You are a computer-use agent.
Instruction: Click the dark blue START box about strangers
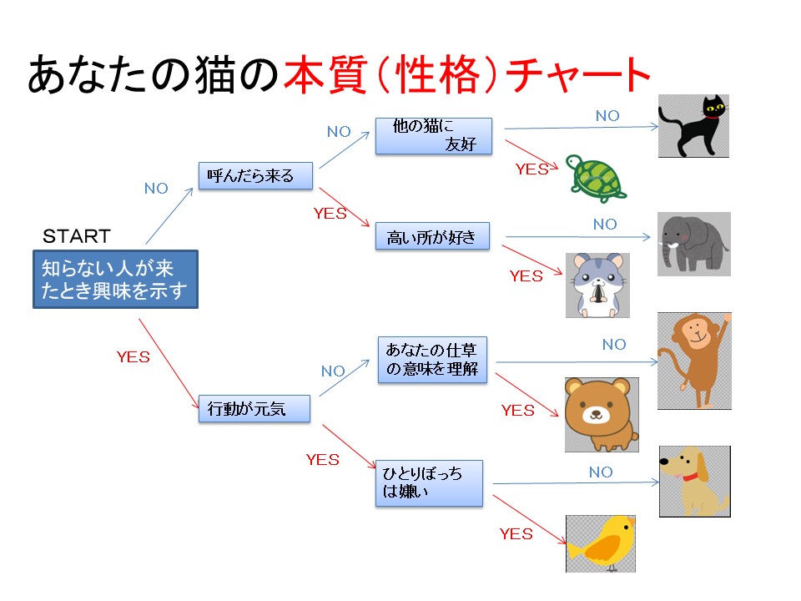[115, 279]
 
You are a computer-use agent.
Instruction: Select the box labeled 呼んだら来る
[256, 176]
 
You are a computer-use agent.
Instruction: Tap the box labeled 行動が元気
[253, 409]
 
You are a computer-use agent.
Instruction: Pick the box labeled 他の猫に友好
[433, 136]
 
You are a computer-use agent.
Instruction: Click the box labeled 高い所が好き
[431, 237]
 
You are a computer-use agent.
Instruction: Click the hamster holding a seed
[597, 285]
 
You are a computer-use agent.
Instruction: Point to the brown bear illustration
[601, 414]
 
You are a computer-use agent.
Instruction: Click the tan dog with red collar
[693, 482]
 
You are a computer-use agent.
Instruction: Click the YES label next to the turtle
[531, 169]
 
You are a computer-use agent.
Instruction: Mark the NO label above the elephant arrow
[605, 225]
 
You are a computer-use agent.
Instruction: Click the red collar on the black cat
[711, 116]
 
